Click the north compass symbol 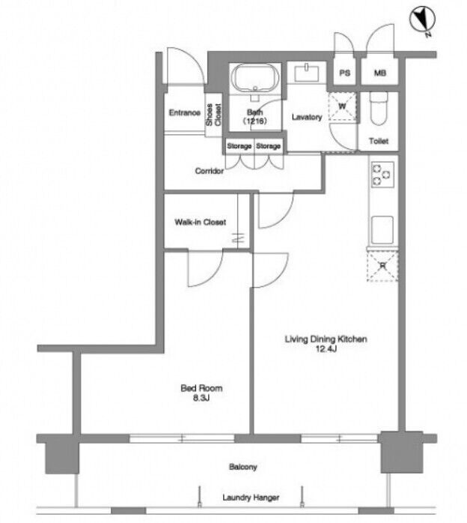point(422,19)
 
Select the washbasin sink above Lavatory point(306,73)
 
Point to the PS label point(345,73)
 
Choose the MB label point(379,73)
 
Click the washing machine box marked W point(343,106)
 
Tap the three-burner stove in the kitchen point(382,175)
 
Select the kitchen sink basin point(382,230)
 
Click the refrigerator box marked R point(382,266)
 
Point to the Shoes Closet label point(213,115)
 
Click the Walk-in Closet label point(200,222)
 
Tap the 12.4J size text point(326,349)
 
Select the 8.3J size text point(201,398)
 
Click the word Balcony point(242,467)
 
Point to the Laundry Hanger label point(251,498)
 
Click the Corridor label point(210,171)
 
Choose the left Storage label point(239,146)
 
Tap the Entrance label point(185,112)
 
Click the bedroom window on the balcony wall point(182,438)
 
